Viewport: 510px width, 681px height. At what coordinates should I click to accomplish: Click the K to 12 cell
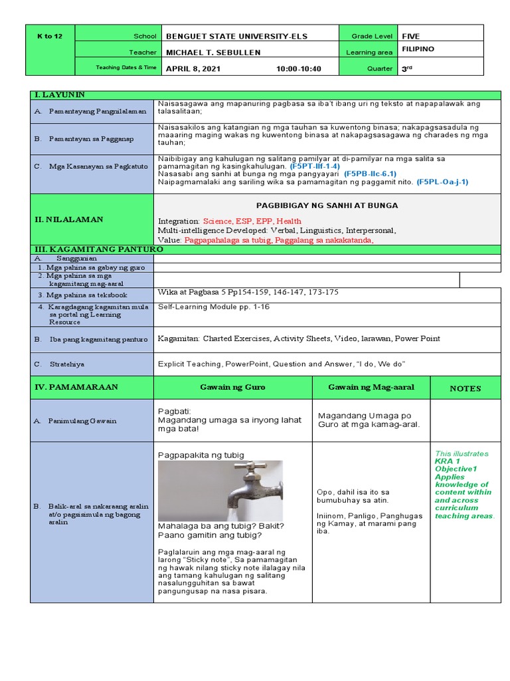pyautogui.click(x=50, y=36)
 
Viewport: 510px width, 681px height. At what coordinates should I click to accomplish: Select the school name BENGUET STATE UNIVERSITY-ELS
pyautogui.click(x=236, y=37)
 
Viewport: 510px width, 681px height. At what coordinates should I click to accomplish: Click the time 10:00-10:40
pyautogui.click(x=298, y=68)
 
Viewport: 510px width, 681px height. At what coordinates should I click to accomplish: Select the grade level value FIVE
pyautogui.click(x=411, y=37)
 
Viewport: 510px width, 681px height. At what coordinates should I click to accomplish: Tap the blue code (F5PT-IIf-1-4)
pyautogui.click(x=315, y=166)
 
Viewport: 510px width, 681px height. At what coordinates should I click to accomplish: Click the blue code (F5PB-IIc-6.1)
pyautogui.click(x=370, y=174)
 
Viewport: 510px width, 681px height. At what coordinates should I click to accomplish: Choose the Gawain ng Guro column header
pyautogui.click(x=232, y=387)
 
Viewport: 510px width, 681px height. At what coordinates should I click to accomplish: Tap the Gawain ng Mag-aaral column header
pyautogui.click(x=371, y=387)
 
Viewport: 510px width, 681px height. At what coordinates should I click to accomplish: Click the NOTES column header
pyautogui.click(x=465, y=388)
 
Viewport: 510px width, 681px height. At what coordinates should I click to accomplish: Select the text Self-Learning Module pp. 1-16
pyautogui.click(x=214, y=307)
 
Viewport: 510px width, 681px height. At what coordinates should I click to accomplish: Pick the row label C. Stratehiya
pyautogui.click(x=66, y=364)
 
